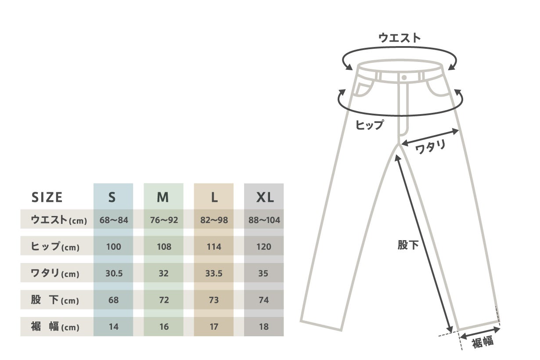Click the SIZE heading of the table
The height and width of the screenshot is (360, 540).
tap(47, 198)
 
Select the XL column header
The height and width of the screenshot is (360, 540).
tap(265, 198)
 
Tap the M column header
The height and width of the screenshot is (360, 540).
tap(163, 198)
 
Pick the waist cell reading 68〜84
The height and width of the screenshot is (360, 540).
tap(114, 220)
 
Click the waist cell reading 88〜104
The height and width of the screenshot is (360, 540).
tap(264, 220)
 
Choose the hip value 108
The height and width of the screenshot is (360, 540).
tap(164, 247)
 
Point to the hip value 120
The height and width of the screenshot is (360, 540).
tap(264, 247)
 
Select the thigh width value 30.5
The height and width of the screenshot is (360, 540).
tap(114, 274)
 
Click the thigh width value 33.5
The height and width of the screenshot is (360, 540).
tap(214, 274)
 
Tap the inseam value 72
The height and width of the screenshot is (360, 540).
tap(163, 300)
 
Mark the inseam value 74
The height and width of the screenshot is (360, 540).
tap(264, 300)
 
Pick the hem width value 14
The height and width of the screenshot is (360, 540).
tap(114, 327)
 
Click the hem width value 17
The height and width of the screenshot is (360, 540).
tap(214, 327)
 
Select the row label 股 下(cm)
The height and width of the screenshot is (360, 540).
tap(55, 301)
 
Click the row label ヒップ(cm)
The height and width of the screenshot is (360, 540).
tap(55, 247)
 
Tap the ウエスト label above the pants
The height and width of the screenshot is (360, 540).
tap(400, 38)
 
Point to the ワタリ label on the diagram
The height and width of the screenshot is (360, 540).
tap(431, 147)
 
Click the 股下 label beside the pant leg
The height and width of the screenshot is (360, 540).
tap(408, 245)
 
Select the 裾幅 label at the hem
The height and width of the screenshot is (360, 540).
tap(483, 342)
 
